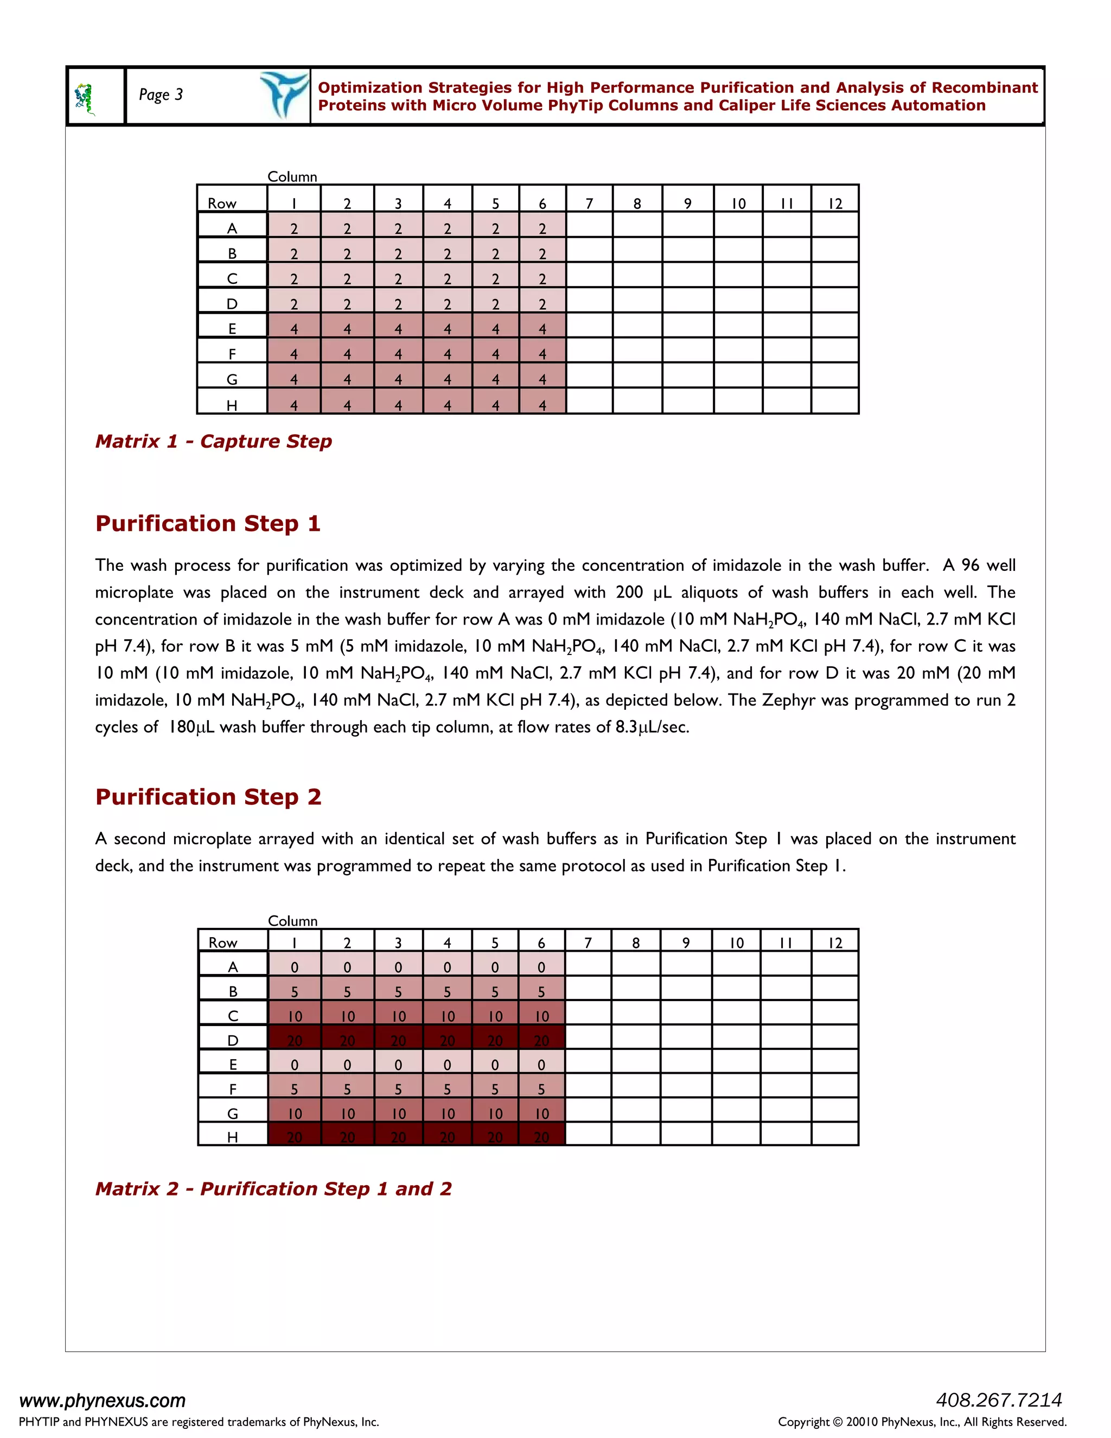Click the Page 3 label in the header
[x=161, y=95]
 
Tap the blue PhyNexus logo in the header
[x=284, y=95]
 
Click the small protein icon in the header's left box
[x=85, y=99]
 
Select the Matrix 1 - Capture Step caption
[x=213, y=441]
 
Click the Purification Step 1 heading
[x=208, y=524]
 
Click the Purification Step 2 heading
[x=208, y=797]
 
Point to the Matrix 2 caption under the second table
[x=273, y=1188]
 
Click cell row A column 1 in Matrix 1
[x=294, y=228]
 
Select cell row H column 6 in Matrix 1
[x=542, y=405]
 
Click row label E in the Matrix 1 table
[x=232, y=328]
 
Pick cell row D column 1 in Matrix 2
[x=294, y=1040]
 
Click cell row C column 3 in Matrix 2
[x=398, y=1016]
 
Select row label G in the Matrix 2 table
[x=232, y=1114]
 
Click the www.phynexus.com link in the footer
[x=103, y=1400]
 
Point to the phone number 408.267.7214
[x=999, y=1399]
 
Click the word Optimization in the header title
[x=370, y=87]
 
